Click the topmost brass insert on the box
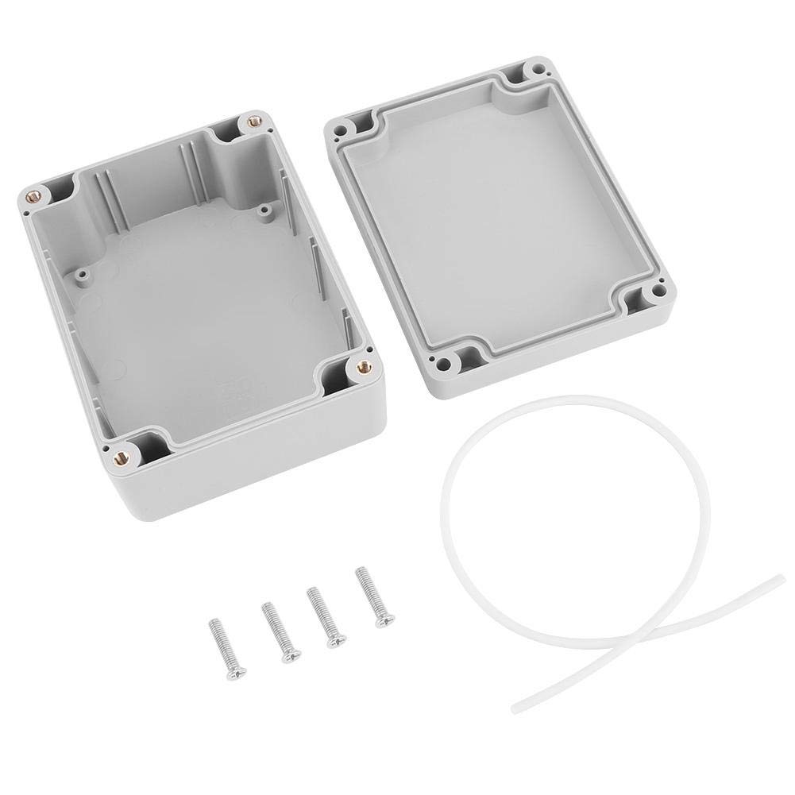click(254, 121)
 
